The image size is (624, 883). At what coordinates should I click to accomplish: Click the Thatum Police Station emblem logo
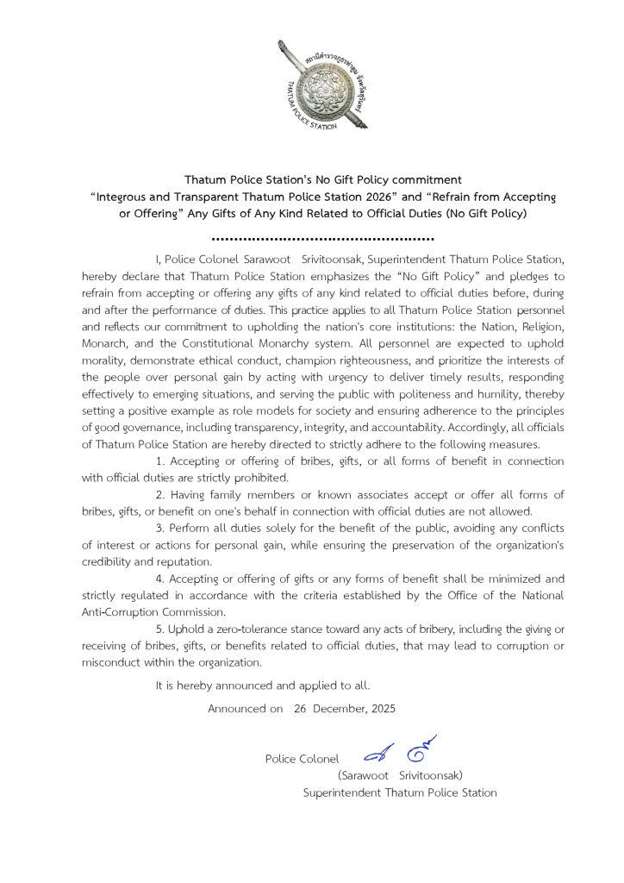tap(322, 85)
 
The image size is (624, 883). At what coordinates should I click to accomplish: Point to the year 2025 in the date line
tap(381, 709)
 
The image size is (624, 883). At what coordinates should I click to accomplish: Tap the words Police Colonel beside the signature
tap(302, 759)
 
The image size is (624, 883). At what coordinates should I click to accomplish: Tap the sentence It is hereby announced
tap(263, 686)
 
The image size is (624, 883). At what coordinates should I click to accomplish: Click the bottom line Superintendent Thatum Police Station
tap(400, 792)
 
